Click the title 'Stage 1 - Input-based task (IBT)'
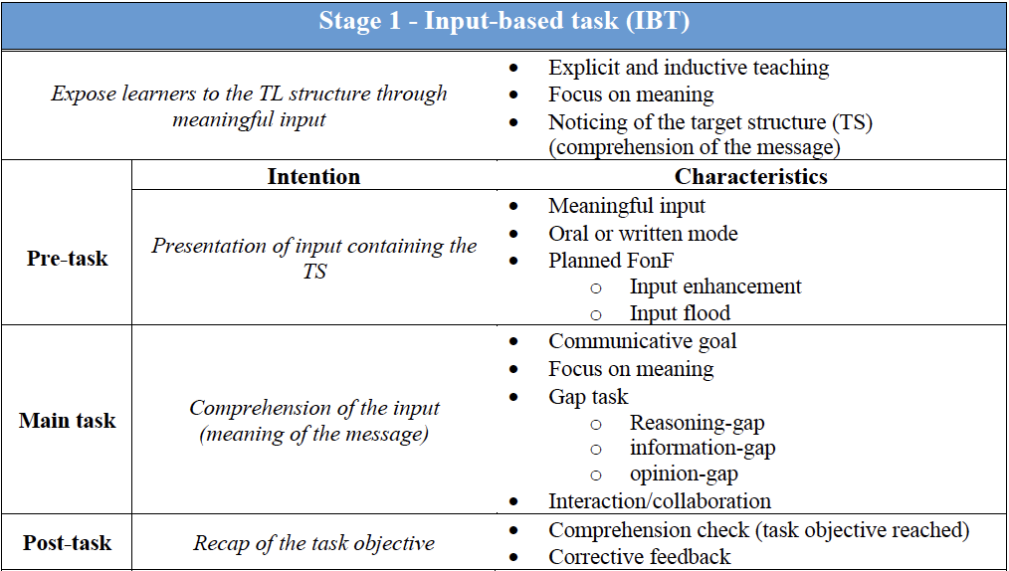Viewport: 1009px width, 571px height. tap(504, 22)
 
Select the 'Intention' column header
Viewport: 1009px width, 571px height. tap(313, 177)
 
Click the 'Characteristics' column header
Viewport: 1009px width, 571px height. tap(750, 177)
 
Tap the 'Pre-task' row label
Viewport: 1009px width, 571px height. tap(67, 259)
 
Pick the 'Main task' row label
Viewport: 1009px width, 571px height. tap(67, 421)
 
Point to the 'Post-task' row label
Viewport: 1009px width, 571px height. tap(67, 543)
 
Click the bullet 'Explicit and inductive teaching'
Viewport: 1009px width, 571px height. tap(689, 68)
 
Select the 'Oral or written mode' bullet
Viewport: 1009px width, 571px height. tap(643, 234)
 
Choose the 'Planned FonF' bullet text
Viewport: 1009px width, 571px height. tap(611, 261)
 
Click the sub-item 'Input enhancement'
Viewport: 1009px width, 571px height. tap(715, 286)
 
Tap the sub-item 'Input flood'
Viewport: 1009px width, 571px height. tap(680, 313)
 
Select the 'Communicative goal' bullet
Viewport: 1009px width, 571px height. tap(643, 341)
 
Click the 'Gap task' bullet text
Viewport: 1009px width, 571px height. tap(588, 396)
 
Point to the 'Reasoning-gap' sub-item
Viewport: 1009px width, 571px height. tap(697, 423)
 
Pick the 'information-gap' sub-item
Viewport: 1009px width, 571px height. tap(703, 448)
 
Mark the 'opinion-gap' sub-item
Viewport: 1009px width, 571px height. tap(684, 475)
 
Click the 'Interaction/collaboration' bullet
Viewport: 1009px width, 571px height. tap(660, 501)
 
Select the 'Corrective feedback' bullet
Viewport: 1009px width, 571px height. tap(640, 557)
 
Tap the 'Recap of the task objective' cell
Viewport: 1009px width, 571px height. tap(313, 543)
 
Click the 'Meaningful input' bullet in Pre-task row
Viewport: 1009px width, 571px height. tap(627, 206)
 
